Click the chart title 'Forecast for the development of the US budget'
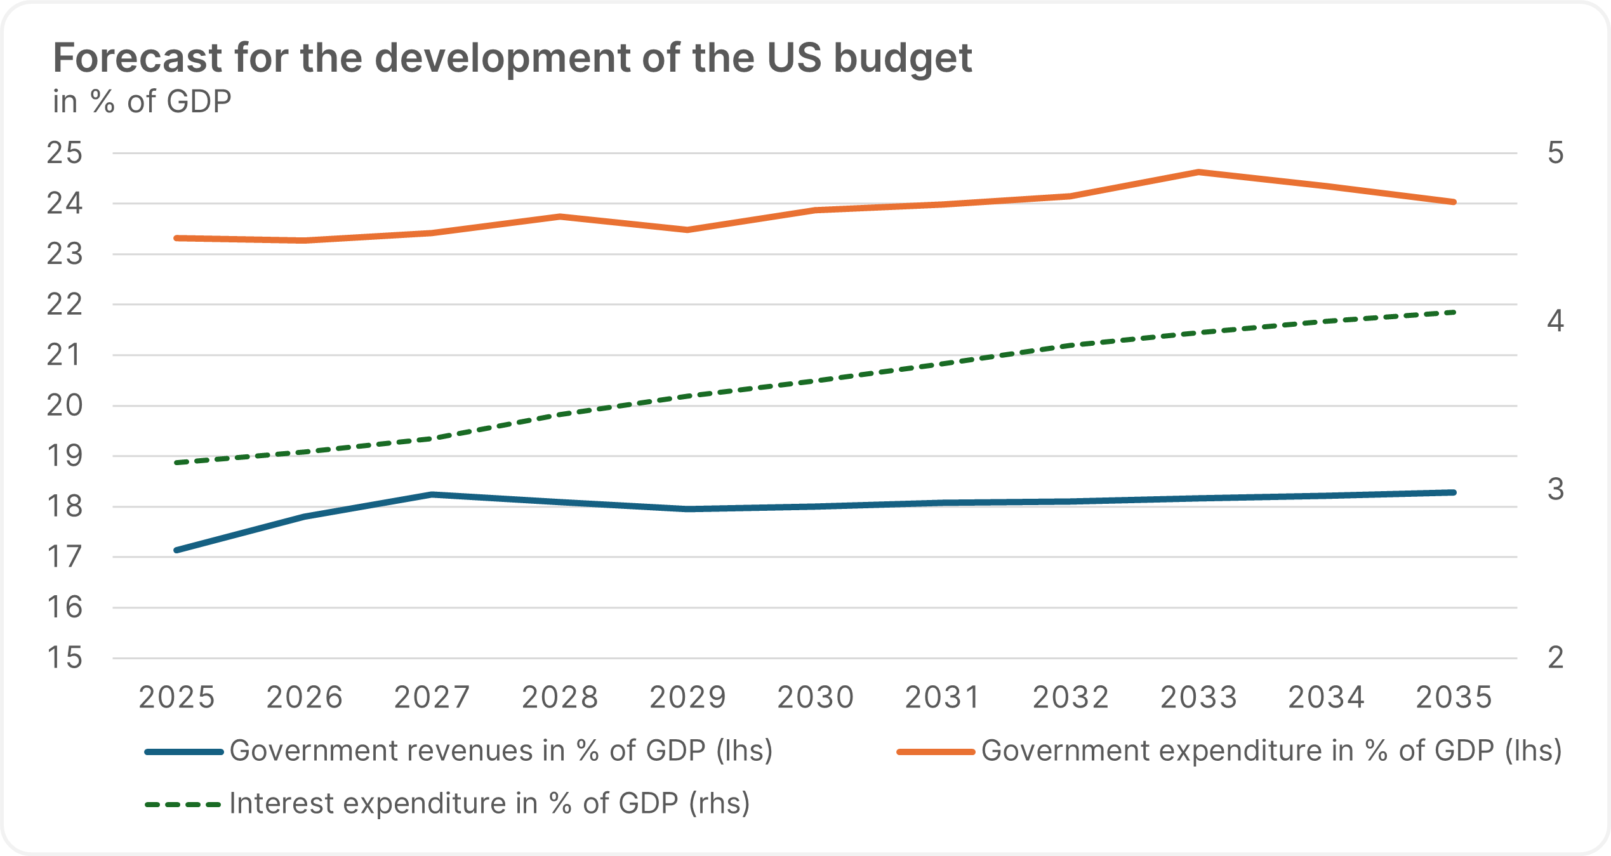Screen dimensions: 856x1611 click(x=512, y=58)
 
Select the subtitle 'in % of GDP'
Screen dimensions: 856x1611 click(x=142, y=102)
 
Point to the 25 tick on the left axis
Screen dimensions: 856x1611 click(x=65, y=153)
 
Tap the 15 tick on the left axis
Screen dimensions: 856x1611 click(x=65, y=658)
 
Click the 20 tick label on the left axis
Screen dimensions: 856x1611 click(x=65, y=405)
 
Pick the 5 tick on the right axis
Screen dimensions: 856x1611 click(x=1556, y=153)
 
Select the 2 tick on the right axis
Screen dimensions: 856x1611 click(x=1556, y=658)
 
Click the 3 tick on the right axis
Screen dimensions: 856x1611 click(x=1556, y=489)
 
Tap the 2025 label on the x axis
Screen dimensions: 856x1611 click(x=177, y=697)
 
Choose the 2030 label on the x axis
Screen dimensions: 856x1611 click(x=816, y=697)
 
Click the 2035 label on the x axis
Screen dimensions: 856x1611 click(x=1454, y=697)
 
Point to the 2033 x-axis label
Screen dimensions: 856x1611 click(x=1199, y=697)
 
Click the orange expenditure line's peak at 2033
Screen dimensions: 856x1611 click(x=1198, y=172)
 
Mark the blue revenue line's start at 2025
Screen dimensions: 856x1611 click(x=177, y=550)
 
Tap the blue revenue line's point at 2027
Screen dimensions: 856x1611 click(x=432, y=494)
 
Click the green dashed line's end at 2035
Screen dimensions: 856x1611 click(x=1454, y=312)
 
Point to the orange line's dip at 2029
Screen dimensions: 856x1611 click(x=687, y=230)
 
